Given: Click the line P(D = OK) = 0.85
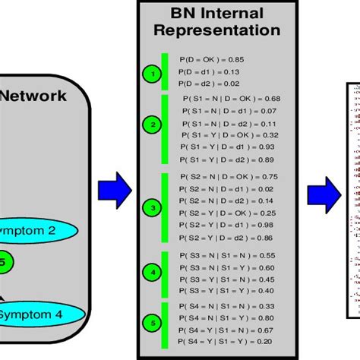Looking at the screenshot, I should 212,58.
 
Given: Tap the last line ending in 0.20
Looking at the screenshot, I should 226,342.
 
